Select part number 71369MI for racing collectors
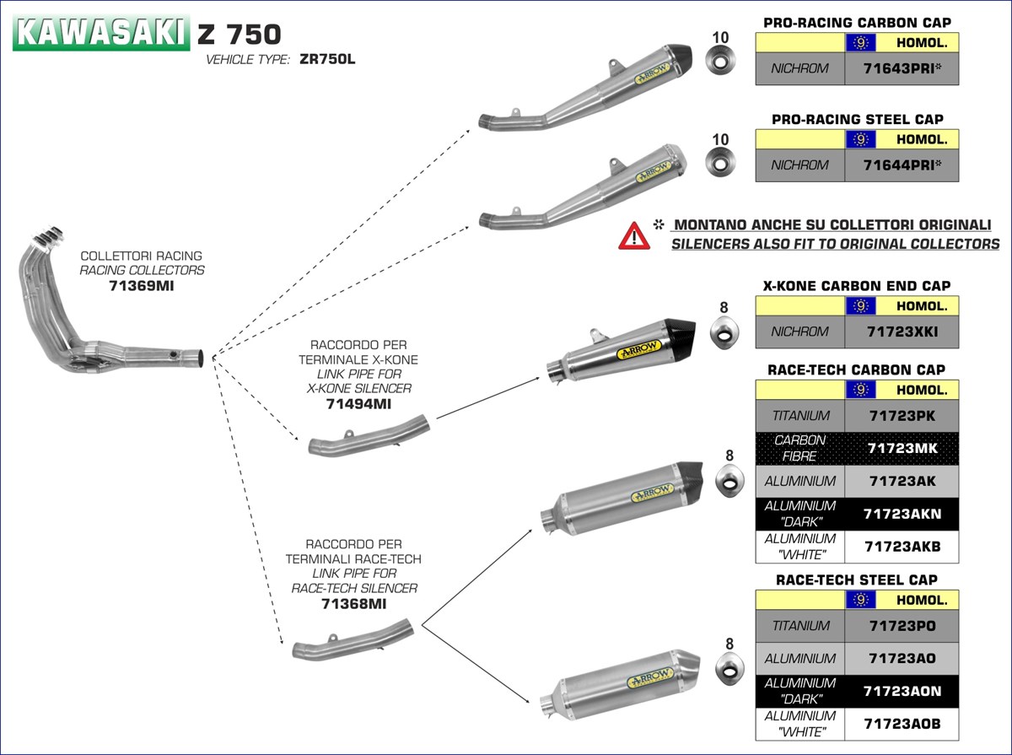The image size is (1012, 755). tap(141, 287)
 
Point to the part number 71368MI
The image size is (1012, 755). tap(354, 604)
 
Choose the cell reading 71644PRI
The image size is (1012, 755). tap(902, 164)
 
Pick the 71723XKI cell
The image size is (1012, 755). tap(902, 332)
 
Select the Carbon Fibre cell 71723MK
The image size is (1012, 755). tap(902, 448)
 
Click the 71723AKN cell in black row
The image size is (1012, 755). tap(902, 514)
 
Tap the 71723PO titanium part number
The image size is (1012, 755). tap(902, 626)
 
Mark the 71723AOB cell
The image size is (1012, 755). tap(902, 724)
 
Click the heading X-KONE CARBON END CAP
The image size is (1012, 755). tap(856, 286)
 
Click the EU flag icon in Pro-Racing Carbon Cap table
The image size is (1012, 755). tap(860, 43)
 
